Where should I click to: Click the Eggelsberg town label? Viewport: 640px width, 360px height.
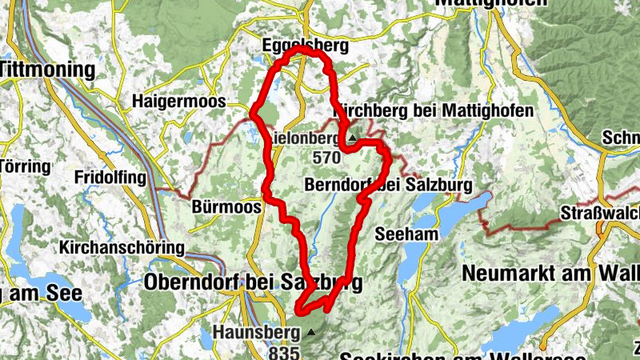[x=305, y=46]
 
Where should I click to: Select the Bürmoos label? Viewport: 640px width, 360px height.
[x=227, y=207]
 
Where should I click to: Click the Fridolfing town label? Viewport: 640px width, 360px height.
[x=108, y=176]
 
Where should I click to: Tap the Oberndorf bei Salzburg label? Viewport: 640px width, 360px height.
[x=253, y=282]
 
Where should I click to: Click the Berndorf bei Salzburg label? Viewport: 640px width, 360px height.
[x=388, y=186]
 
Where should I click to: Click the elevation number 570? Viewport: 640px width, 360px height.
[x=327, y=157]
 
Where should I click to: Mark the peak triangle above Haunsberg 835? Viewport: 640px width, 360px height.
[x=310, y=330]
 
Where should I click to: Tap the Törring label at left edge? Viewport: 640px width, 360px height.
[x=24, y=167]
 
